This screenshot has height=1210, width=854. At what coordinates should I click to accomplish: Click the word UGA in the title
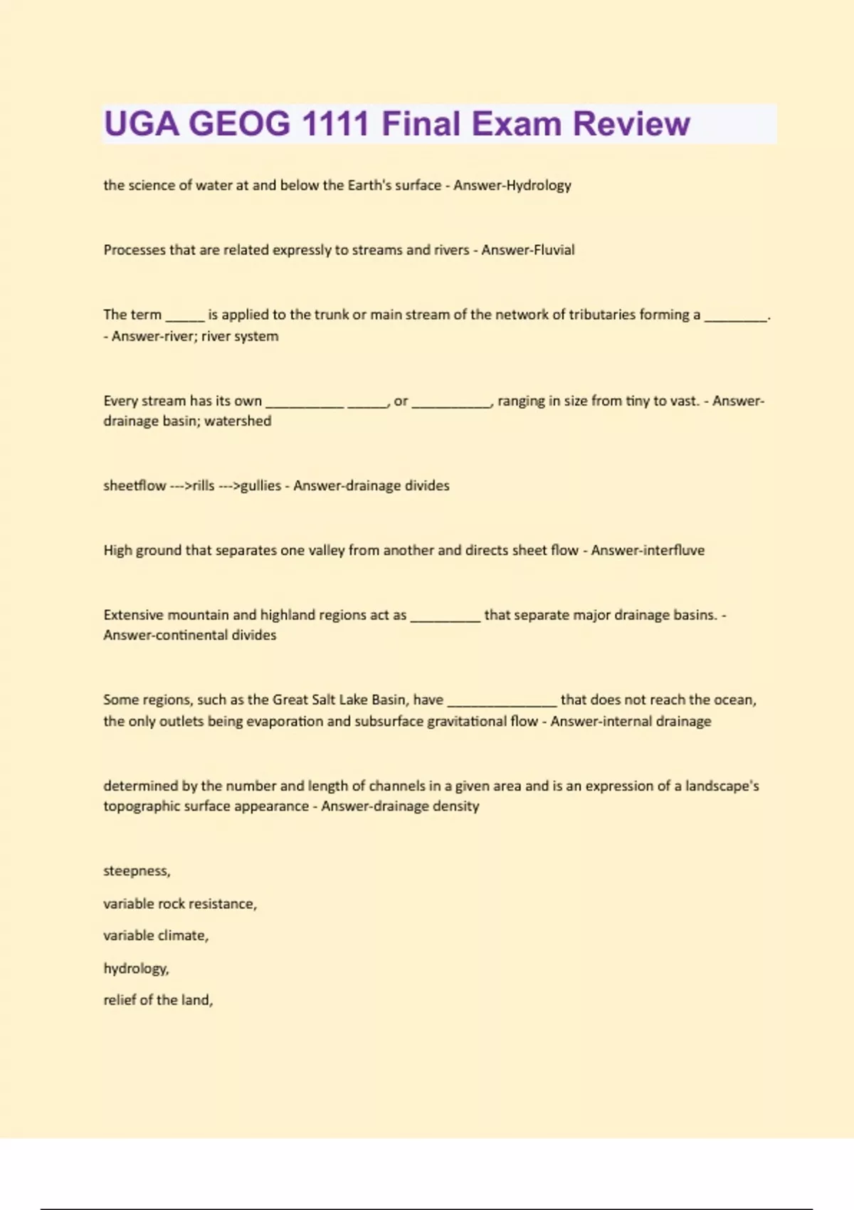pyautogui.click(x=142, y=124)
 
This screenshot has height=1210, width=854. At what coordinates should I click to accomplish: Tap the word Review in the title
pyautogui.click(x=631, y=124)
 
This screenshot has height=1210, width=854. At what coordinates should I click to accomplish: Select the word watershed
pyautogui.click(x=238, y=421)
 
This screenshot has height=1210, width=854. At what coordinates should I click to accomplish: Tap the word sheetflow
pyautogui.click(x=135, y=485)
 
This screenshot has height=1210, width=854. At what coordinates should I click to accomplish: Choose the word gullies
pyautogui.click(x=261, y=486)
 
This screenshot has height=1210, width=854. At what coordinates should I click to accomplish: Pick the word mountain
pyautogui.click(x=194, y=615)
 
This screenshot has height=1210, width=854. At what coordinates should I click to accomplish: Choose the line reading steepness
pyautogui.click(x=137, y=871)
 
